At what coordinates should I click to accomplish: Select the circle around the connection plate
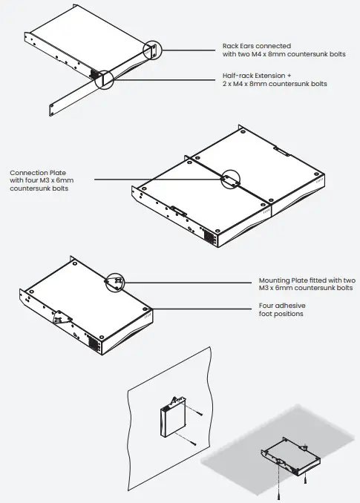coord(230,179)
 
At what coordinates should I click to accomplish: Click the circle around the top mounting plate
coord(116,281)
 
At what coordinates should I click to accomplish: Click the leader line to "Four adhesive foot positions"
coord(200,309)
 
